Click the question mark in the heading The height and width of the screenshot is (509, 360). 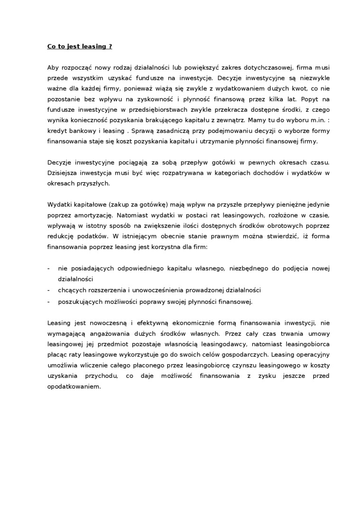(x=111, y=46)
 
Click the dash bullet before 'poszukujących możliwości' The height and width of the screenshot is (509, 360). (x=49, y=301)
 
